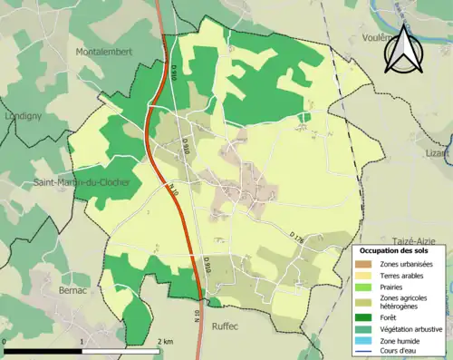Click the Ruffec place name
[x=228, y=323]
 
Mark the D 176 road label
[x=298, y=237]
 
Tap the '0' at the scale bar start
[x=5, y=341]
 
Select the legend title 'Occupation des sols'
[x=395, y=249]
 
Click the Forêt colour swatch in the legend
[x=366, y=317]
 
